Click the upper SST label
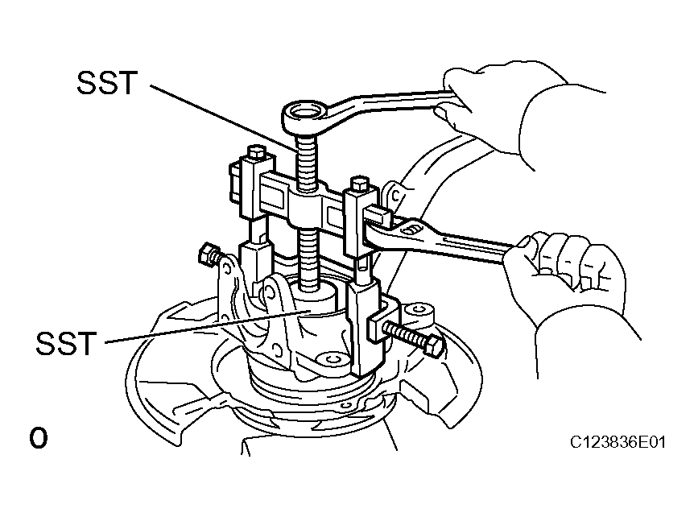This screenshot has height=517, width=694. click(x=106, y=83)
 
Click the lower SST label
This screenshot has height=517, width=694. click(x=65, y=343)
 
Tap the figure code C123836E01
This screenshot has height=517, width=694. click(x=618, y=442)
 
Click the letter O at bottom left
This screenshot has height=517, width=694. click(x=39, y=438)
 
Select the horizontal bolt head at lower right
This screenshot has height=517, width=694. click(x=434, y=345)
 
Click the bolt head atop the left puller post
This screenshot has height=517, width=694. click(x=257, y=153)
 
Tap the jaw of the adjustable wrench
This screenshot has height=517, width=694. click(x=378, y=228)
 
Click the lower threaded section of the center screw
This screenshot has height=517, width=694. click(x=308, y=261)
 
